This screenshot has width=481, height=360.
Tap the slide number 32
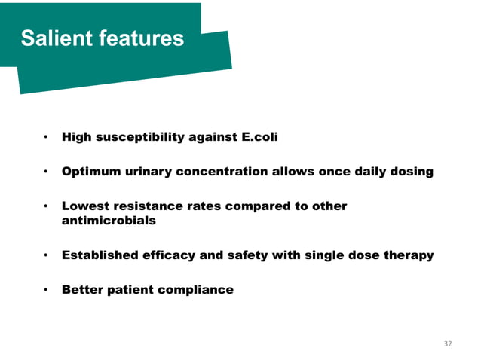coord(448,343)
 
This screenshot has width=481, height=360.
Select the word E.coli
coord(259,138)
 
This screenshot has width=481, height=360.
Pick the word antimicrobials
coord(109,221)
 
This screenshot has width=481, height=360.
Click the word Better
coord(82,290)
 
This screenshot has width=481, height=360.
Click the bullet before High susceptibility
coord(46,138)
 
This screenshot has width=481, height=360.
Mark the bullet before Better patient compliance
coord(46,290)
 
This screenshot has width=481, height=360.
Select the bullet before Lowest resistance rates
coord(46,206)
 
